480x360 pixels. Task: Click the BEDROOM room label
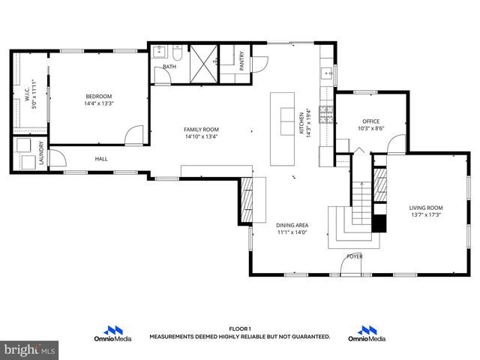tap(98, 96)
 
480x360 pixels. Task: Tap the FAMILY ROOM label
tap(201, 129)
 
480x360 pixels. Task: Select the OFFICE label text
tap(370, 121)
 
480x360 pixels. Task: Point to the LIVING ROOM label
tap(426, 207)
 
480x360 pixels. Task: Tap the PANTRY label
tap(241, 61)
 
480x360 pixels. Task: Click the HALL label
tap(101, 159)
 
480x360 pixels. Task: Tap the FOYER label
tap(354, 256)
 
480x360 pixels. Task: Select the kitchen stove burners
tap(326, 114)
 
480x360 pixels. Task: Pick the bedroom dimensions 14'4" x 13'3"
tap(98, 104)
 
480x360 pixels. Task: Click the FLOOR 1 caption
tap(239, 328)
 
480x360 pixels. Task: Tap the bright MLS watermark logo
tap(30, 349)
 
